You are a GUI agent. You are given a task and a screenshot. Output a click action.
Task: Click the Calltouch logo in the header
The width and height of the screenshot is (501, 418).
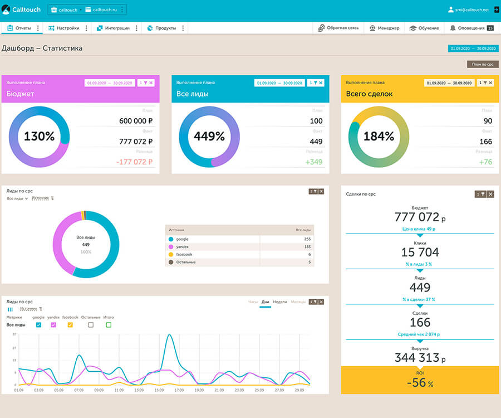coord(22,9)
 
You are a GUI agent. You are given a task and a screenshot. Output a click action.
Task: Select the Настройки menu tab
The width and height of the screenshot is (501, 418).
coord(63,28)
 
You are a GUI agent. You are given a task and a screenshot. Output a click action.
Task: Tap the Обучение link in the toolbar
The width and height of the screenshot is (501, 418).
coord(424,28)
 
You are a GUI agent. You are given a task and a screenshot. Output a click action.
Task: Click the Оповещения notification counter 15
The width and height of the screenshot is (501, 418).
coord(490,28)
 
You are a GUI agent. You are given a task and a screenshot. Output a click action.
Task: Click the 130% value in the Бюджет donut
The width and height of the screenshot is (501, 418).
coord(39,136)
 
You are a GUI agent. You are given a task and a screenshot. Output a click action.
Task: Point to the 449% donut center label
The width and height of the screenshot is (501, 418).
coord(209,136)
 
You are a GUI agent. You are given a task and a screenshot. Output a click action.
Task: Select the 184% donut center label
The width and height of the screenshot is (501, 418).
coord(379,136)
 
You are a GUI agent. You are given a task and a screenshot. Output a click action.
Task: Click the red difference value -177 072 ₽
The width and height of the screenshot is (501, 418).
coord(134,162)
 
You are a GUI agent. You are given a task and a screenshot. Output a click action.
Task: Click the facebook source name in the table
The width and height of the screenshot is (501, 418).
coord(184,254)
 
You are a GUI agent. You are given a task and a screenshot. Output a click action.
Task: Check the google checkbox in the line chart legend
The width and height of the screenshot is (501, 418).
coord(38,325)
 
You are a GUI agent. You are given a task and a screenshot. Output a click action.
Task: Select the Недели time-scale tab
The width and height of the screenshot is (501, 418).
coord(280,302)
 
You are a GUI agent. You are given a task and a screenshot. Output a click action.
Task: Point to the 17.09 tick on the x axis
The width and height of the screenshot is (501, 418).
coord(179,391)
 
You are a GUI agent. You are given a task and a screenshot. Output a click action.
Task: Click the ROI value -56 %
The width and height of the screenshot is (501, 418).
coord(420,382)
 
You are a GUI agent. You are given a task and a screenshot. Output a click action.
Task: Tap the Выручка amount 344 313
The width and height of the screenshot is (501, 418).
coord(417,358)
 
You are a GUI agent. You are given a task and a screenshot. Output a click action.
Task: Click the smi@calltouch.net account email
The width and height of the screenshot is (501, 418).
coord(472,9)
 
